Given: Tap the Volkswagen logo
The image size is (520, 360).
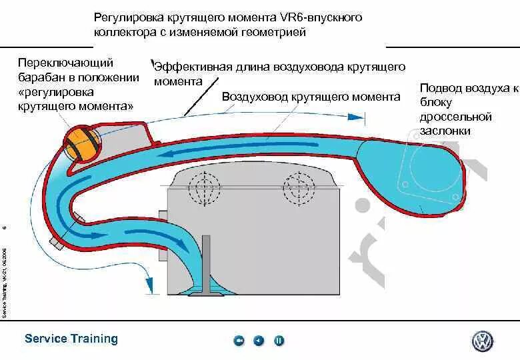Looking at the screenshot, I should (x=482, y=341).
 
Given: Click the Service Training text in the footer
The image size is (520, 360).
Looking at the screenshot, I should (x=71, y=339).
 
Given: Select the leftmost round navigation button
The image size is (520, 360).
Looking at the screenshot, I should (x=239, y=341).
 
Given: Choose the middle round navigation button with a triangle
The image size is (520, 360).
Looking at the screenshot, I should (x=259, y=341).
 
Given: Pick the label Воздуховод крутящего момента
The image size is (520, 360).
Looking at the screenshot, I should (x=311, y=97).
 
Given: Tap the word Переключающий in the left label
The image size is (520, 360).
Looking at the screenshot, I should (x=66, y=63).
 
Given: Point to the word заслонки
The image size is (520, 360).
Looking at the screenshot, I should (x=445, y=131).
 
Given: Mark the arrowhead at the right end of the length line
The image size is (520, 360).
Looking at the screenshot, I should (x=360, y=117).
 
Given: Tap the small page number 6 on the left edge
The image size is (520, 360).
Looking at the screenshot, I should (x=4, y=228).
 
